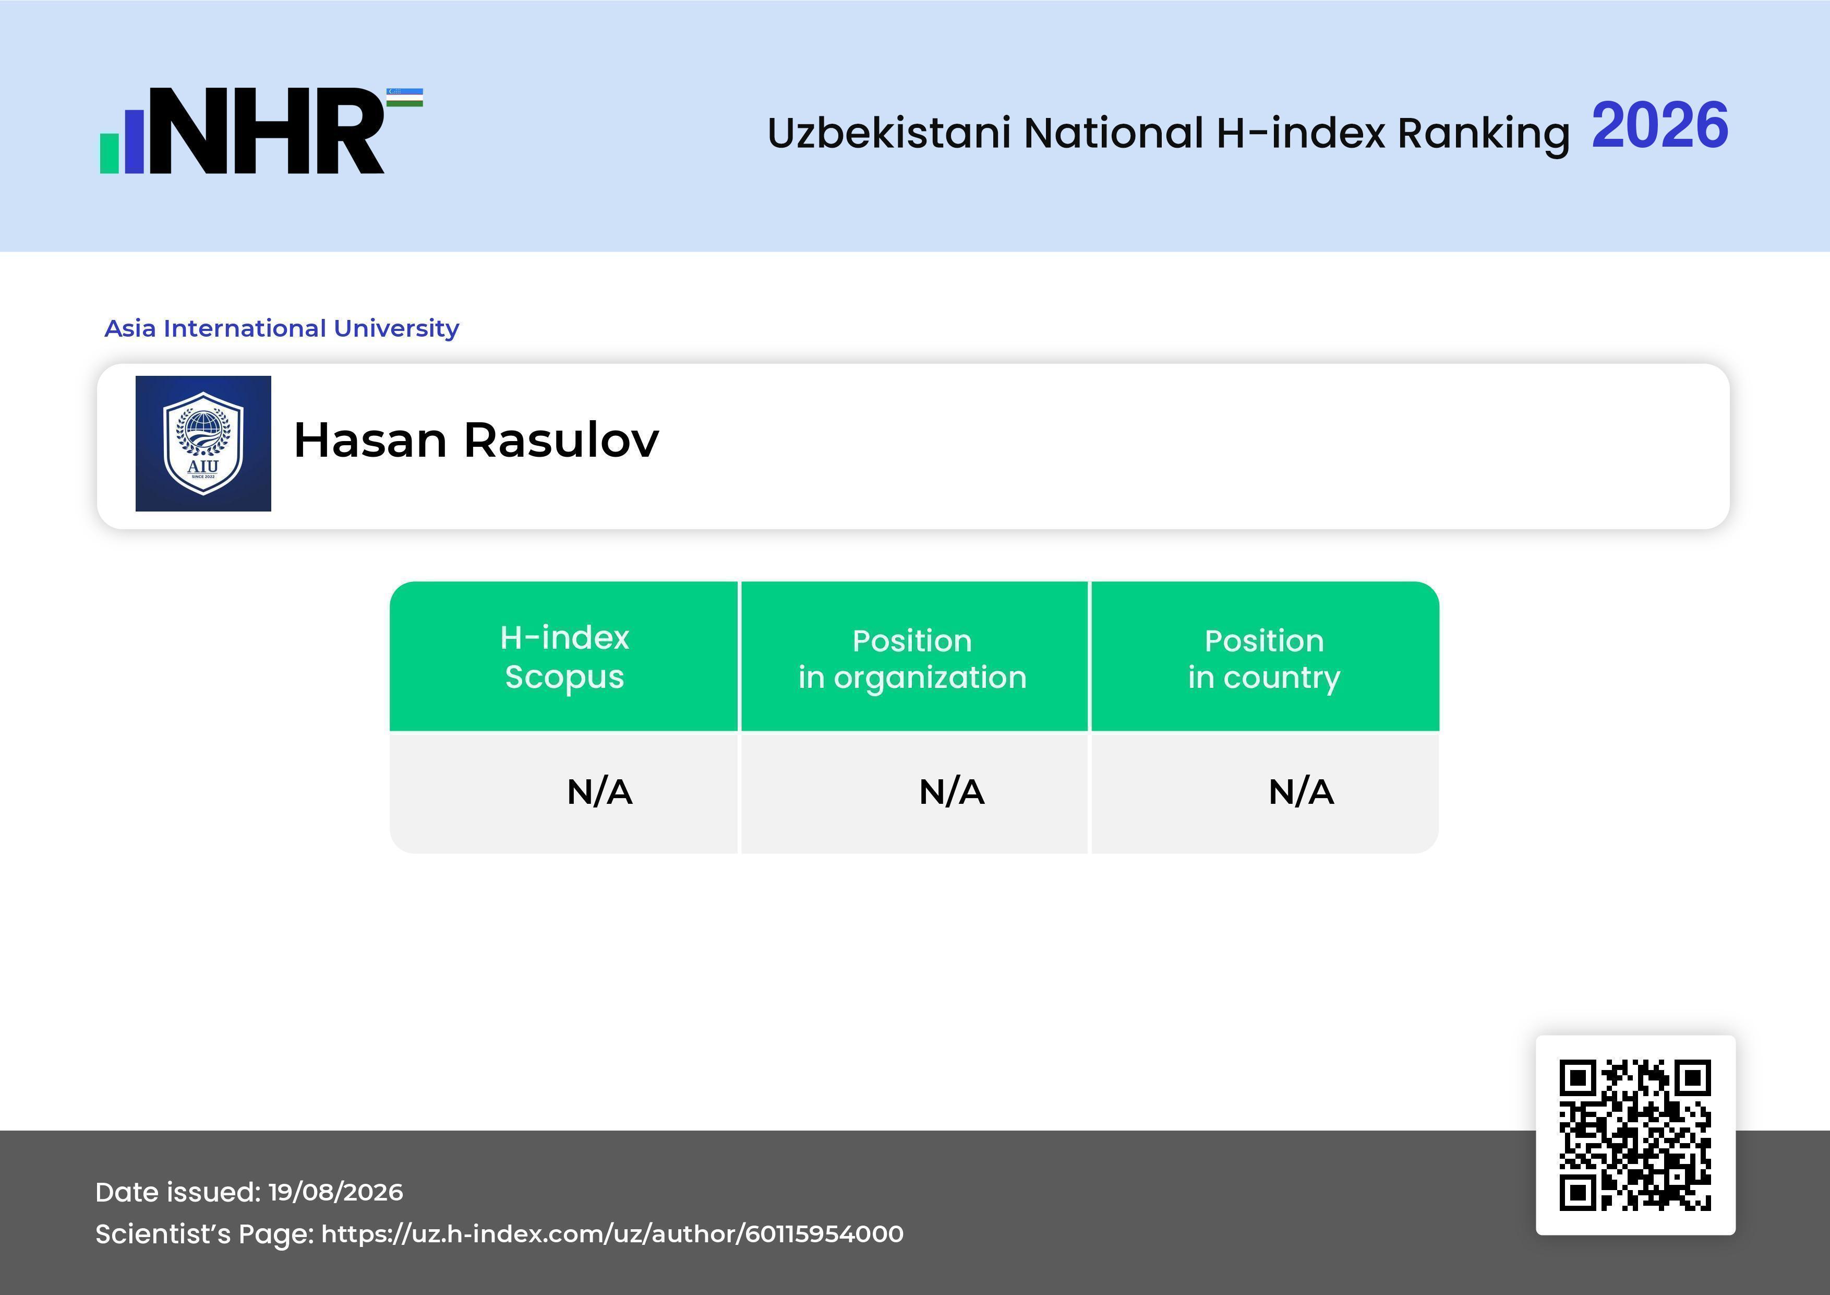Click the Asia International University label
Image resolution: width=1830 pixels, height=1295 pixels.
click(282, 328)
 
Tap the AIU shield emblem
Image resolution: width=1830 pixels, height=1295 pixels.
click(203, 443)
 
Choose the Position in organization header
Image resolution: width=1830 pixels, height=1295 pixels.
click(912, 659)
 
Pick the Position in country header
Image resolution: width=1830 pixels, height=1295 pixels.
click(1264, 659)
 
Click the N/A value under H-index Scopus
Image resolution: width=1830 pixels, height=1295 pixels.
click(599, 792)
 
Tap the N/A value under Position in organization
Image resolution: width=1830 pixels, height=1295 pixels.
click(952, 792)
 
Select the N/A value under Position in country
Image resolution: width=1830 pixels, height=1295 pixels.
click(1301, 792)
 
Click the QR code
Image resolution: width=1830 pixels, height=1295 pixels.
click(1635, 1135)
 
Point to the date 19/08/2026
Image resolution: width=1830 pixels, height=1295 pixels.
click(335, 1192)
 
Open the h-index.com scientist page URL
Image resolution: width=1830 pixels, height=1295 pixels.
click(612, 1233)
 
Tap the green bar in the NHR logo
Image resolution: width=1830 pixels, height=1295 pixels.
click(109, 153)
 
